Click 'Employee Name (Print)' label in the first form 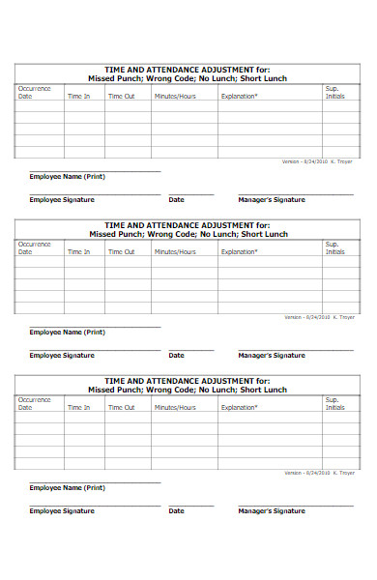(x=67, y=177)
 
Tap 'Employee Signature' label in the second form (x=62, y=355)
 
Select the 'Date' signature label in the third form (x=176, y=510)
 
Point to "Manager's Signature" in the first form (x=272, y=199)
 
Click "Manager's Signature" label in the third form (x=272, y=510)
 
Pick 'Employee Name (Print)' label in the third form (x=67, y=488)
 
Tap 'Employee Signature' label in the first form (x=62, y=199)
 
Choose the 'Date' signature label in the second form (x=176, y=355)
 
